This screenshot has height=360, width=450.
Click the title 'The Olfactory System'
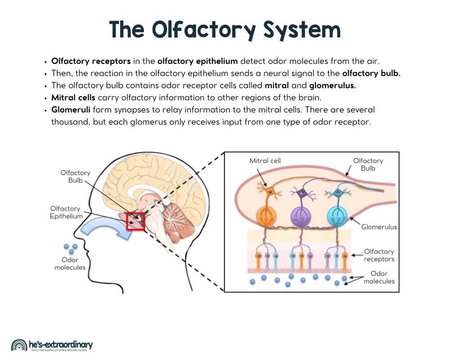[225, 30]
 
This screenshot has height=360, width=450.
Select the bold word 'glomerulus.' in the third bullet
[332, 85]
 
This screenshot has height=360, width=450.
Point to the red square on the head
[135, 221]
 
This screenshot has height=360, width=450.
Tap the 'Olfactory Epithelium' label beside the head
[66, 212]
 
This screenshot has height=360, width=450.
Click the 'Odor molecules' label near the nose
[70, 263]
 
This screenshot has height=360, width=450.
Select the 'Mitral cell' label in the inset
[265, 161]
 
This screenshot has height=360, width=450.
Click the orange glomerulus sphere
[269, 216]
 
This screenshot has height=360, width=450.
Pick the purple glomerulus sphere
[302, 216]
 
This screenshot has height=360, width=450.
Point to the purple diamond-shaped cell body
[301, 193]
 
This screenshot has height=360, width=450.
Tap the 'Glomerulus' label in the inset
[379, 227]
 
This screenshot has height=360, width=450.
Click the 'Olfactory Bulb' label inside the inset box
[368, 164]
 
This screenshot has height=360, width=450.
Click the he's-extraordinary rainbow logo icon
[19, 346]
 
